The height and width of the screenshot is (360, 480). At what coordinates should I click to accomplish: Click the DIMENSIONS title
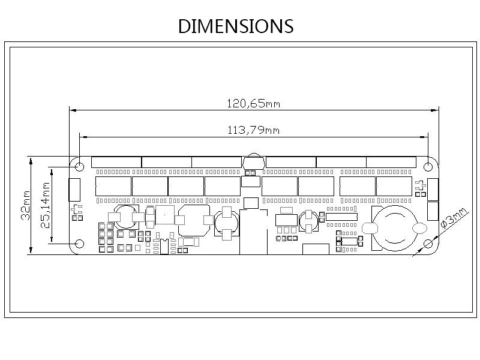236,26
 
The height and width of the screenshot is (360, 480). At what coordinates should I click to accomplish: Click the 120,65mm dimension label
253,103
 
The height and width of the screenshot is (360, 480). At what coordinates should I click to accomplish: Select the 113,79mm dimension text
253,130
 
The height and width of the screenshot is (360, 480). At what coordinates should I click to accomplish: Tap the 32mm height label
26,205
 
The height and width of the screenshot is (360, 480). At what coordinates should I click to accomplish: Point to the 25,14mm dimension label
46,205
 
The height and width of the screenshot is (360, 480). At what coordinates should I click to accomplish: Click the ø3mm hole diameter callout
454,218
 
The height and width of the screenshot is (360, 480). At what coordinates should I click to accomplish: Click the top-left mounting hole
80,167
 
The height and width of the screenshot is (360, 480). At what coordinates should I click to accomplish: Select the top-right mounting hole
428,167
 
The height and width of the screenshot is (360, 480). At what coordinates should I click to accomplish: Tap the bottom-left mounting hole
80,244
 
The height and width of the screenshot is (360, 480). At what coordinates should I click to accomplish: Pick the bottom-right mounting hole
428,244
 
